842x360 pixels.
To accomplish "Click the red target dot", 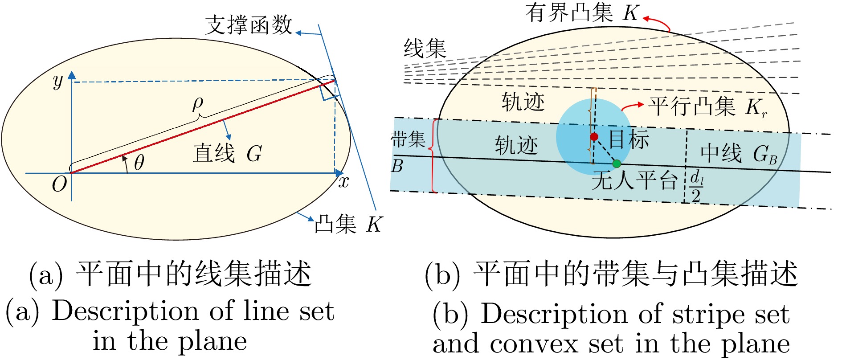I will tap(594, 136).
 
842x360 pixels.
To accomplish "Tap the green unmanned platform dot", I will tap(617, 164).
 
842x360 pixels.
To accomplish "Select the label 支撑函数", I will tap(249, 25).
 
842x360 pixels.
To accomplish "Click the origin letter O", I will tap(59, 184).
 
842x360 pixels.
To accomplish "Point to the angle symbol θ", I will tap(139, 163).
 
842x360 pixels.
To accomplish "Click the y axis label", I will tap(58, 81).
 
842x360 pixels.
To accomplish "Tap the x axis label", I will tap(343, 182).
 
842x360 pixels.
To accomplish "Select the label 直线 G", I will tap(227, 154).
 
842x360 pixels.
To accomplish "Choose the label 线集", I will tap(425, 48).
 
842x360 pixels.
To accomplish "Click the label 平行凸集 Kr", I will tap(707, 107).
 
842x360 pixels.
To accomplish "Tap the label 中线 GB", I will tap(739, 154).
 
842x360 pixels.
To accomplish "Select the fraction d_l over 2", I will tap(696, 187).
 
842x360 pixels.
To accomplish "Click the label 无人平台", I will tap(634, 180).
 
